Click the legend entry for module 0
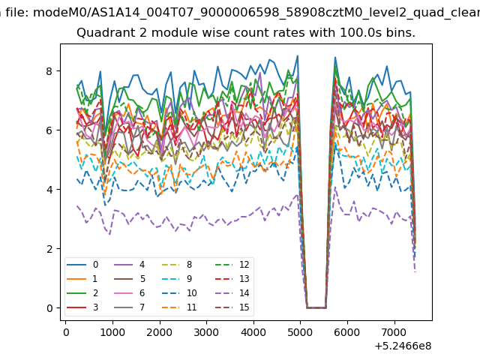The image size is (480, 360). [x=82, y=265]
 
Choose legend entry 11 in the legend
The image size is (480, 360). [x=179, y=307]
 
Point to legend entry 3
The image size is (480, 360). [x=82, y=307]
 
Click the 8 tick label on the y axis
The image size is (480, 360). [x=49, y=71]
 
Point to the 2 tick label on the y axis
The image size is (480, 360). [x=49, y=249]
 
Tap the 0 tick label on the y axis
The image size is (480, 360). [x=49, y=308]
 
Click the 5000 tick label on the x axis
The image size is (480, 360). [x=300, y=332]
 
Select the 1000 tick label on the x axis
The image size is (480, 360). [x=112, y=332]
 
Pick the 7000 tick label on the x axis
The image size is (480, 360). [x=394, y=332]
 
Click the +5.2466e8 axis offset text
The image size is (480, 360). [x=403, y=346]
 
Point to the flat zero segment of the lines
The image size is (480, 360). [x=316, y=307]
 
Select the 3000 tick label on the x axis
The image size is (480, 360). [x=207, y=332]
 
